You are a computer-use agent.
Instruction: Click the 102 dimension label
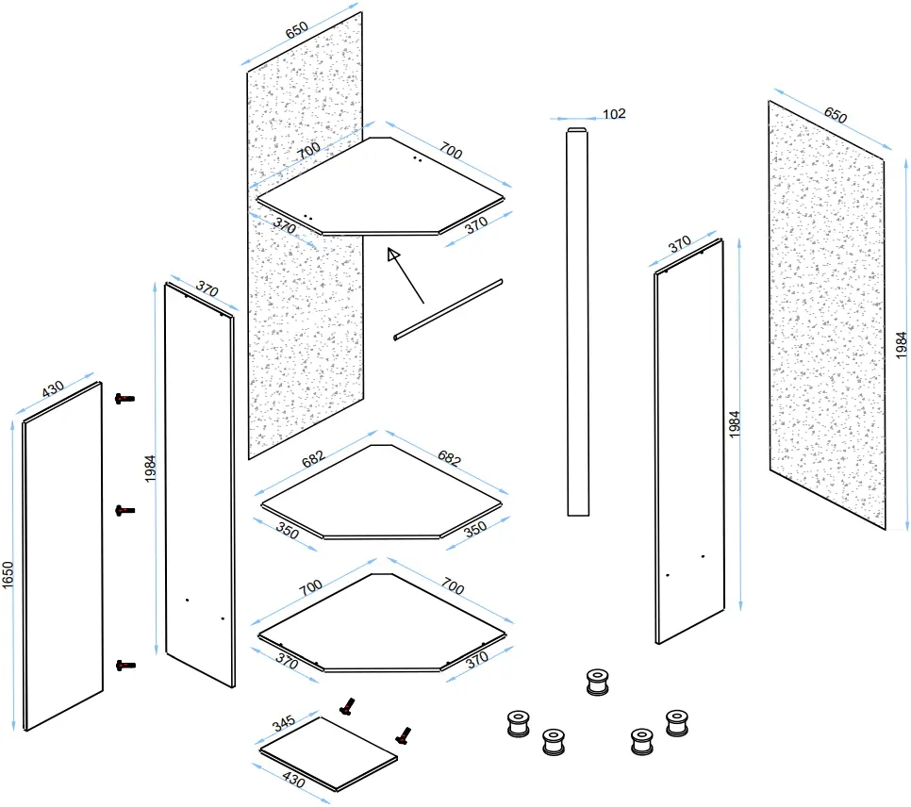coord(614,114)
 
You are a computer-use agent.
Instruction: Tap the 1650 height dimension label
coord(8,575)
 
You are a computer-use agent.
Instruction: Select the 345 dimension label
coord(284,723)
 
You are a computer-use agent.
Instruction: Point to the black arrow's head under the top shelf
coord(394,255)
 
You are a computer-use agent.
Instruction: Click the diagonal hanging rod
coord(448,309)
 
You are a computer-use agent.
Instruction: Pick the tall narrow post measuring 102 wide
coord(577,321)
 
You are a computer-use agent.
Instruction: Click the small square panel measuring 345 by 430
coord(329,753)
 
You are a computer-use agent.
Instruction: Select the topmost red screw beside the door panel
coord(124,399)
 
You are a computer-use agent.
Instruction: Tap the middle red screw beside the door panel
coord(124,511)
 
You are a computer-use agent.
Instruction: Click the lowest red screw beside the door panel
coord(125,666)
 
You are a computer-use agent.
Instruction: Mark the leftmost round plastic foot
coord(519,723)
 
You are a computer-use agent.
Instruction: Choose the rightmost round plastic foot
coord(677,723)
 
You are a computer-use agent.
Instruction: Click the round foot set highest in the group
coord(597,683)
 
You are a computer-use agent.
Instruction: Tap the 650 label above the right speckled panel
coord(836,115)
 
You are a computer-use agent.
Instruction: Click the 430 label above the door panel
coord(52,389)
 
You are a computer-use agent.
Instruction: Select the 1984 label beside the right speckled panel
coord(901,345)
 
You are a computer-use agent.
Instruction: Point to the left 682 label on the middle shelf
coord(313,459)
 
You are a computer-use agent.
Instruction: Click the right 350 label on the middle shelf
coord(475,529)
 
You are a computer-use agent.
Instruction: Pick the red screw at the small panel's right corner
coord(404,735)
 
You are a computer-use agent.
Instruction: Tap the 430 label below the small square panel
coord(293,779)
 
